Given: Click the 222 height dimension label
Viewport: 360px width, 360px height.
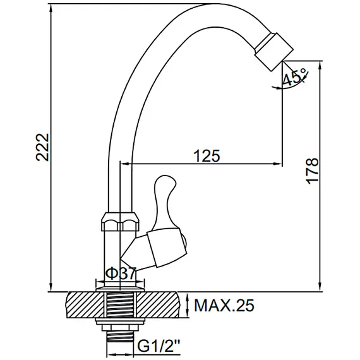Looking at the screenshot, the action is [42, 147].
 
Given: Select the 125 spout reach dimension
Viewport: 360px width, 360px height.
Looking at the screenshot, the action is [207, 156].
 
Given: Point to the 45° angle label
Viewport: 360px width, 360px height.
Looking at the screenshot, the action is [294, 76].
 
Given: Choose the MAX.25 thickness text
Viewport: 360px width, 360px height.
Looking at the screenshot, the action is [224, 305].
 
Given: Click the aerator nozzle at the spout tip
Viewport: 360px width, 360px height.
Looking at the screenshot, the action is [274, 51].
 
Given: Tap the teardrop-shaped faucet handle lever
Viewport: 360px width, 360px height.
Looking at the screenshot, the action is [165, 200].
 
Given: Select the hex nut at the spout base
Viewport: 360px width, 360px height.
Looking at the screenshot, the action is [120, 222].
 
